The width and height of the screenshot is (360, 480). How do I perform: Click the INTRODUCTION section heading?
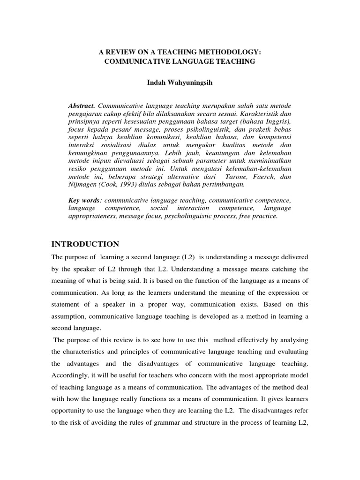(x=85, y=244)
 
